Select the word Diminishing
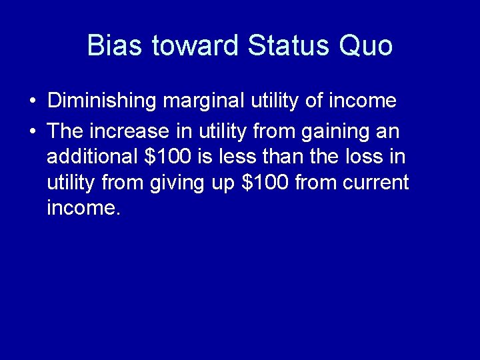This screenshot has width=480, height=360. [x=102, y=101]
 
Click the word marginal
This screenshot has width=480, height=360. [x=204, y=101]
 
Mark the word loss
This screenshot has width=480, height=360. [x=368, y=157]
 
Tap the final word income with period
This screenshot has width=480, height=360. [x=84, y=208]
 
